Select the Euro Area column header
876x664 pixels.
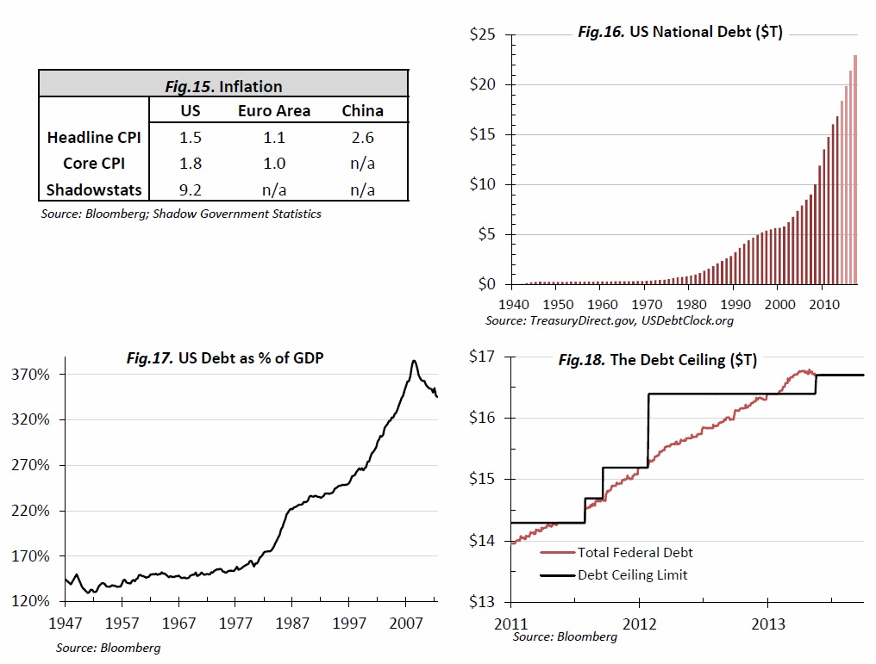click(274, 111)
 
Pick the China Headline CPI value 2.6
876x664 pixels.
click(362, 137)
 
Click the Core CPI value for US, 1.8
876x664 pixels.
click(190, 163)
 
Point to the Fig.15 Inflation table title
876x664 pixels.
click(223, 85)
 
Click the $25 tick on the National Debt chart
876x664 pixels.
click(481, 35)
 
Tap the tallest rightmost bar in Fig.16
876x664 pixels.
click(855, 172)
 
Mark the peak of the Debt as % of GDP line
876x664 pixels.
click(415, 361)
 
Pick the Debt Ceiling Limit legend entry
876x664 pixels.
click(632, 574)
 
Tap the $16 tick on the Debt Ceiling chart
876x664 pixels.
click(481, 418)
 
